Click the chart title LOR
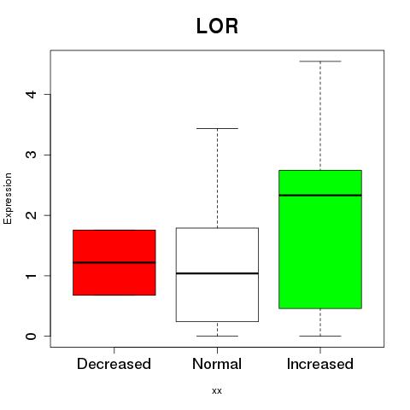pos(217,26)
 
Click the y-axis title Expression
pos(8,198)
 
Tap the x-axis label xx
pos(217,390)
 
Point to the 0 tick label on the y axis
pos(31,337)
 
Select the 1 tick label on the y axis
pos(31,276)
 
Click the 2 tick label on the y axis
pos(31,215)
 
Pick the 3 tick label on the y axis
pos(31,155)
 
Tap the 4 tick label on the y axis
pos(31,94)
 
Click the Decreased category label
pos(114,364)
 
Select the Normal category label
pos(217,364)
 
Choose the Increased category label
pos(320,364)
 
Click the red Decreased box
pos(114,262)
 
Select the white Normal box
pos(217,275)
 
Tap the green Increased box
pos(320,239)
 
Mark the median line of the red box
pos(114,262)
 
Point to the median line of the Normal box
pos(217,273)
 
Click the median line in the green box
pos(320,196)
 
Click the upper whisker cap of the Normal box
pos(217,128)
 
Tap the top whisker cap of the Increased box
pos(320,61)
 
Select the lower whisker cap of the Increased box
pos(320,336)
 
